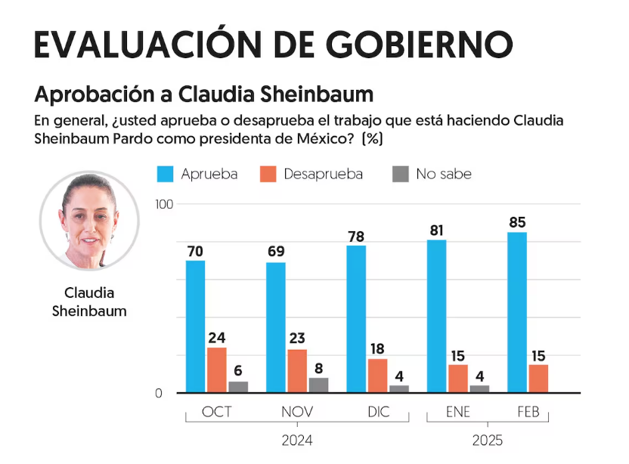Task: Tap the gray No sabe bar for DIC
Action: [x=398, y=388]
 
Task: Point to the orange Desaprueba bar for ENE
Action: [x=458, y=379]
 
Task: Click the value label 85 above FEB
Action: [x=517, y=223]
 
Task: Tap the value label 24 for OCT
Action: [x=217, y=338]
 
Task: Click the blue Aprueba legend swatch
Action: [x=166, y=174]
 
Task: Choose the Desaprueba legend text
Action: [x=323, y=174]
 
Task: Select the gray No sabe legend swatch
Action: [x=401, y=174]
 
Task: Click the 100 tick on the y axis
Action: [x=164, y=204]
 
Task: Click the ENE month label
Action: [x=458, y=413]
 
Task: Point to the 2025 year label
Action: [x=488, y=440]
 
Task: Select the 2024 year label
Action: [x=296, y=440]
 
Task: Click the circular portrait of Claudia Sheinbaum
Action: [x=89, y=221]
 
